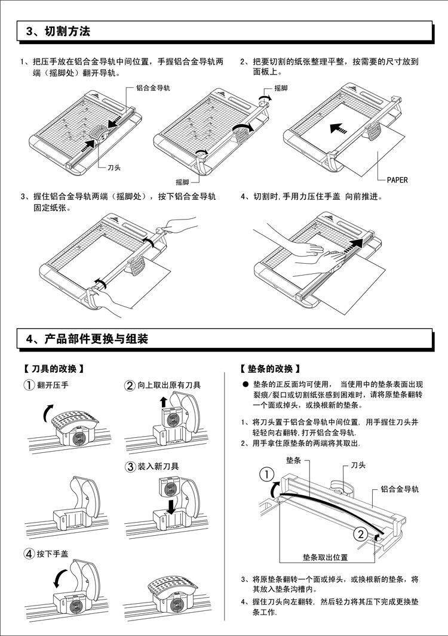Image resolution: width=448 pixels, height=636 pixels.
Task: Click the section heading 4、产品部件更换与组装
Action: tap(87, 339)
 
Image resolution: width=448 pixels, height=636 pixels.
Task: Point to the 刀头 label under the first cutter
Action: tap(113, 168)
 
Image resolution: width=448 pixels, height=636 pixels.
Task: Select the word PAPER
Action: tap(397, 180)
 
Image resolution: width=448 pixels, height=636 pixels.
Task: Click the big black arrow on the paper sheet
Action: tap(338, 128)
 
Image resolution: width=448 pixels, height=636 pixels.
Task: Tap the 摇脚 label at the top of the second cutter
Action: tap(281, 88)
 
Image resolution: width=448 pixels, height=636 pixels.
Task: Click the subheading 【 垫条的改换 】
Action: tap(269, 369)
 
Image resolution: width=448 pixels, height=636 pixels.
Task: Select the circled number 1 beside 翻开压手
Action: tap(29, 385)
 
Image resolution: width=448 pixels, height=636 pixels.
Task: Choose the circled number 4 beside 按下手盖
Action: tap(29, 554)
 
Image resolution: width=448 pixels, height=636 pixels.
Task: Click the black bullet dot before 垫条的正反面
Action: tap(245, 385)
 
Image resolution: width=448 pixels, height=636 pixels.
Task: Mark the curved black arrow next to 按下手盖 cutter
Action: tap(59, 578)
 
